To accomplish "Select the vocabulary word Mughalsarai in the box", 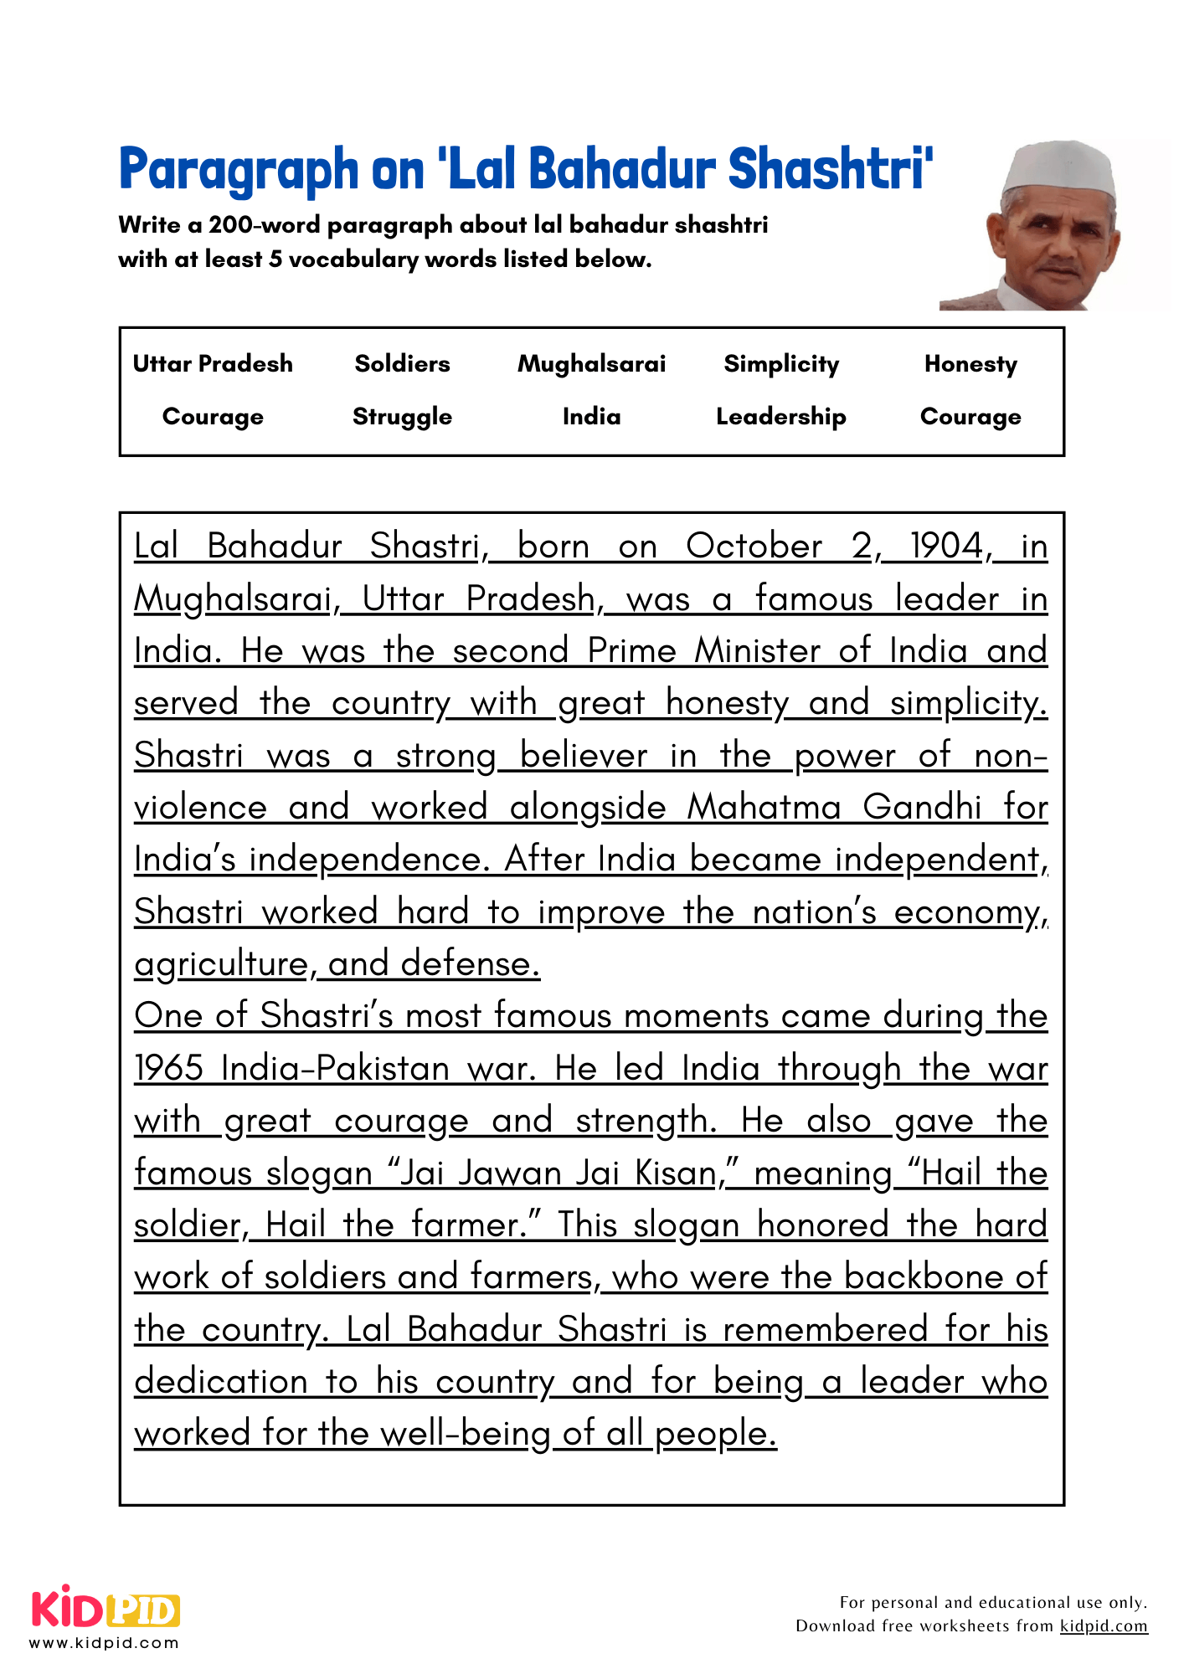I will point(591,364).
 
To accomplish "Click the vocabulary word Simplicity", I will point(780,364).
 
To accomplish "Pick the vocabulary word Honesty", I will point(970,364).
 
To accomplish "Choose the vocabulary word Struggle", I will point(402,417).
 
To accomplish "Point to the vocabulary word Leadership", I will point(780,417).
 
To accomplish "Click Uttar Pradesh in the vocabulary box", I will point(213,364).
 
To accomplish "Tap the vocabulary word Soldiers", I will point(402,364).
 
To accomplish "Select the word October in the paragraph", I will point(754,547).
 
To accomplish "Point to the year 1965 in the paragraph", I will point(168,1069).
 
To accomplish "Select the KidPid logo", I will point(106,1607).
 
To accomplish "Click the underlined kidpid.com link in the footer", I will point(1103,1625).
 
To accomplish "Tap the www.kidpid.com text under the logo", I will point(104,1642).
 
